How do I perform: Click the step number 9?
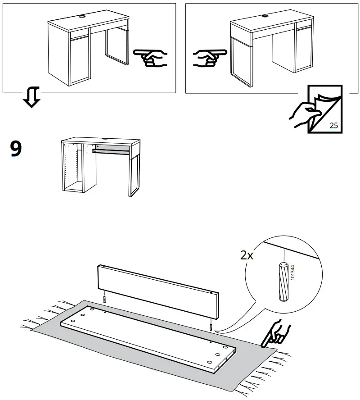[x=16, y=149]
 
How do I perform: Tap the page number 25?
[x=333, y=125]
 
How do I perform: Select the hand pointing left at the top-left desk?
[x=151, y=58]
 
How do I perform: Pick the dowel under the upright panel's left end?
[x=104, y=299]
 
